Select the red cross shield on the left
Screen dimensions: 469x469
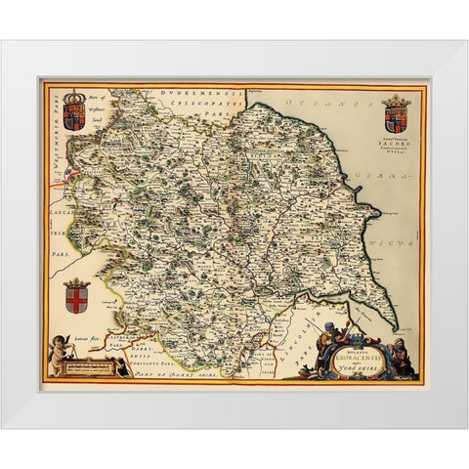[76, 296]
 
